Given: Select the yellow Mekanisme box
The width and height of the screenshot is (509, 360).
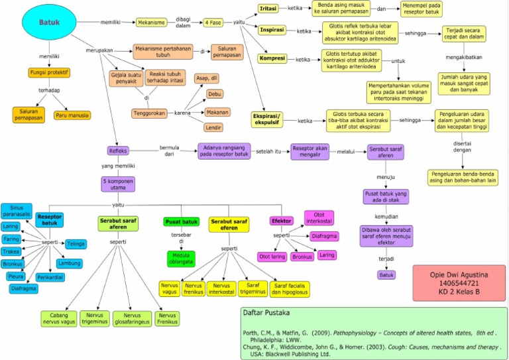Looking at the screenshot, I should pos(152,22).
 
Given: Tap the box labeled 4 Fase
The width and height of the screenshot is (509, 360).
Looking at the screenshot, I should pos(213,22).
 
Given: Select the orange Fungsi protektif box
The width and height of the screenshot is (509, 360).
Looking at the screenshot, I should pos(49,72).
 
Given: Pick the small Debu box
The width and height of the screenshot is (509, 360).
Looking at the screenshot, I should pos(215,94).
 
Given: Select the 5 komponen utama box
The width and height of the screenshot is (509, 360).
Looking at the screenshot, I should pos(118,183).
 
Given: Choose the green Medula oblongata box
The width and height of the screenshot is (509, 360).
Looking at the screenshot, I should pos(181,258).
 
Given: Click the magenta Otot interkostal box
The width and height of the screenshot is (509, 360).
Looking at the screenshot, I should pos(319,217).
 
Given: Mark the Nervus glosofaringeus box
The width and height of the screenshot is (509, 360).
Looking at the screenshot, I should pos(132,319).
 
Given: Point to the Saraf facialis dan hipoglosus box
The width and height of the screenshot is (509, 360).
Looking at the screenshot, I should pos(290,288).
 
